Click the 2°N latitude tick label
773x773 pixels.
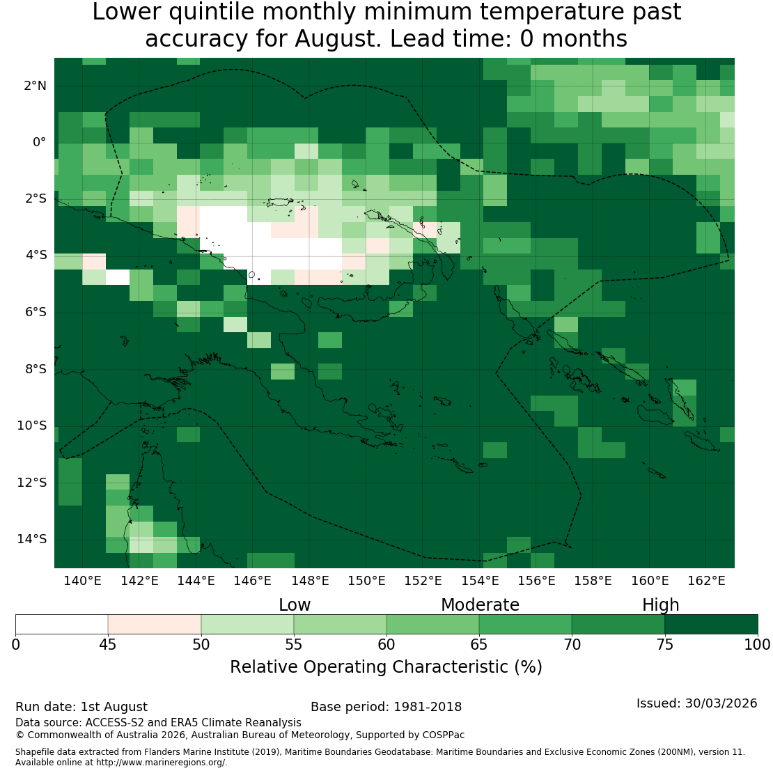[x=35, y=86]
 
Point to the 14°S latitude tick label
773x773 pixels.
[x=32, y=539]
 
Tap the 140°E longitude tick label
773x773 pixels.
[x=82, y=581]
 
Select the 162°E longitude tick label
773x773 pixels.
[x=706, y=581]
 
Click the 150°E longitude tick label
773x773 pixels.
[x=366, y=581]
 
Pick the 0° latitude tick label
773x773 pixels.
[x=40, y=143]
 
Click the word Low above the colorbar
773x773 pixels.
[x=295, y=605]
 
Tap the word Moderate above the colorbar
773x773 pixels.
[x=481, y=605]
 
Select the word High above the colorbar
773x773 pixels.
[x=661, y=605]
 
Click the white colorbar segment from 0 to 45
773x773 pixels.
[x=61, y=624]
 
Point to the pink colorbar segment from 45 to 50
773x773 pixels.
[x=155, y=624]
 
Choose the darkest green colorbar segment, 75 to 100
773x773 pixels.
[x=712, y=624]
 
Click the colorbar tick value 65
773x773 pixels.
[x=478, y=644]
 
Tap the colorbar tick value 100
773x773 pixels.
[x=757, y=644]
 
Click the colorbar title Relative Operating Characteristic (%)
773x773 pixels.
[x=386, y=667]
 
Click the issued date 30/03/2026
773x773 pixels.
[x=721, y=703]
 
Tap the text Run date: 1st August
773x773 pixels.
[x=81, y=707]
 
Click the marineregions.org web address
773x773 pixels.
[x=161, y=762]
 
